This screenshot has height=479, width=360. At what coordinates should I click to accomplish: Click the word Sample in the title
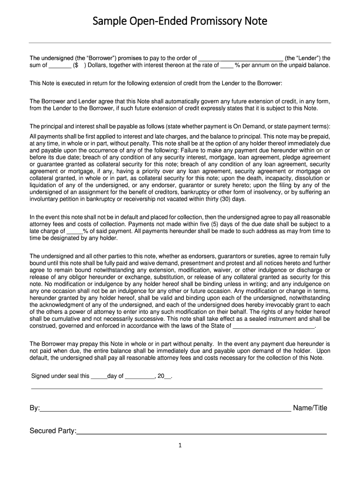pos(107,22)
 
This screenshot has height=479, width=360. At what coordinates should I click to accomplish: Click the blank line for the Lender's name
pos(241,58)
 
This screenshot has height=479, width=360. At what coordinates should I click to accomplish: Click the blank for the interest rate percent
pos(227,65)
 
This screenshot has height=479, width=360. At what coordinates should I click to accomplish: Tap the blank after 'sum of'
pos(60,65)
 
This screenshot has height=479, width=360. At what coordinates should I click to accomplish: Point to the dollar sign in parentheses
pos(76,65)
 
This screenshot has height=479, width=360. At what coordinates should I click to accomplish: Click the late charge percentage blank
pos(75,231)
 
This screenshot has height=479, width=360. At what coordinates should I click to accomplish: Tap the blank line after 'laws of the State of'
pos(274,326)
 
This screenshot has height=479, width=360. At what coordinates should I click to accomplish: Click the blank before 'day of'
pos(99,376)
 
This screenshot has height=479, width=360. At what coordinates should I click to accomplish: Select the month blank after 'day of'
pos(140,376)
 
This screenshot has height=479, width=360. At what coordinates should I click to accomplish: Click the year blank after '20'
pos(168,376)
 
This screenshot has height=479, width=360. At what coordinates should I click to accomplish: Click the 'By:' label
pos(35,408)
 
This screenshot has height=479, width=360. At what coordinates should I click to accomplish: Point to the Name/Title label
pos(310,408)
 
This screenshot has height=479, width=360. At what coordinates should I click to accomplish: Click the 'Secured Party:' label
pos(53,431)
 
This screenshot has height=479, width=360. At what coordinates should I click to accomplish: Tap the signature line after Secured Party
pos(201,433)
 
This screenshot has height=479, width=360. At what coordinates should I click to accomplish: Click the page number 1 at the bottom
pos(180,446)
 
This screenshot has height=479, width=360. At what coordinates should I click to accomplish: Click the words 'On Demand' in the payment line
pos(255,126)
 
